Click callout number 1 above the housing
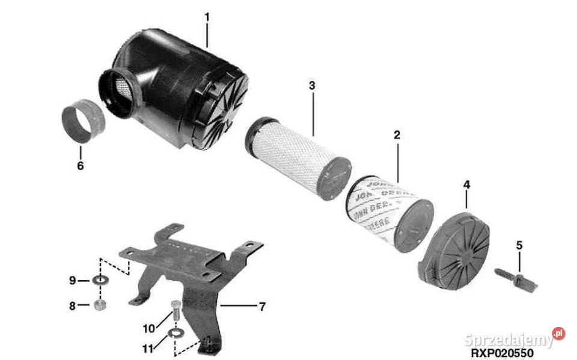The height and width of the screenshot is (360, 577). tap(207, 17)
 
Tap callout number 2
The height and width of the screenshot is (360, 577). tap(397, 135)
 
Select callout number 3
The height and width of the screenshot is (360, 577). tap(312, 85)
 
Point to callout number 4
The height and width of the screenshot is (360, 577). tap(467, 185)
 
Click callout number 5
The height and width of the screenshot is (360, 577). tap(520, 245)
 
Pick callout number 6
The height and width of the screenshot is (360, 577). tap(81, 165)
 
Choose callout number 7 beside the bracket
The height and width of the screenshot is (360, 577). tap(261, 307)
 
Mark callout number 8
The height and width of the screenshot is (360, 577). tap(72, 305)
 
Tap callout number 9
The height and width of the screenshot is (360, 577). tap(72, 280)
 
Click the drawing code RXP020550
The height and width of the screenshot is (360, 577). tap(502, 354)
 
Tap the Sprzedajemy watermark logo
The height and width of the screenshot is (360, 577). tap(514, 338)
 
